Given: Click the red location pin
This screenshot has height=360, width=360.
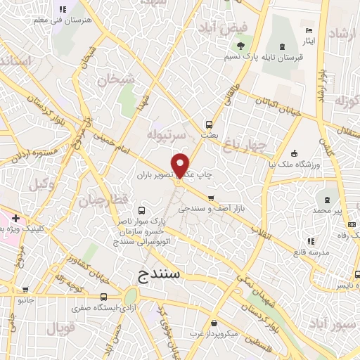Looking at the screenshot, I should [181, 165].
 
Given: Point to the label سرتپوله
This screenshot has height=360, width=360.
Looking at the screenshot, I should [166, 133].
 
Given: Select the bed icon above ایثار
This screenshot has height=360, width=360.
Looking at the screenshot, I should [309, 31].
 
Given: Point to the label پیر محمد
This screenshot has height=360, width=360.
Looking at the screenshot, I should [328, 210].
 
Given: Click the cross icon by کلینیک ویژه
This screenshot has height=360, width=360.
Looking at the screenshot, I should [15, 219].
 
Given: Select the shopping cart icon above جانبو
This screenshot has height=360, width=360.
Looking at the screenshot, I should [25, 289].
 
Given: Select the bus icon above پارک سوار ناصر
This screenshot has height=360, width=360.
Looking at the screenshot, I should [143, 210].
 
